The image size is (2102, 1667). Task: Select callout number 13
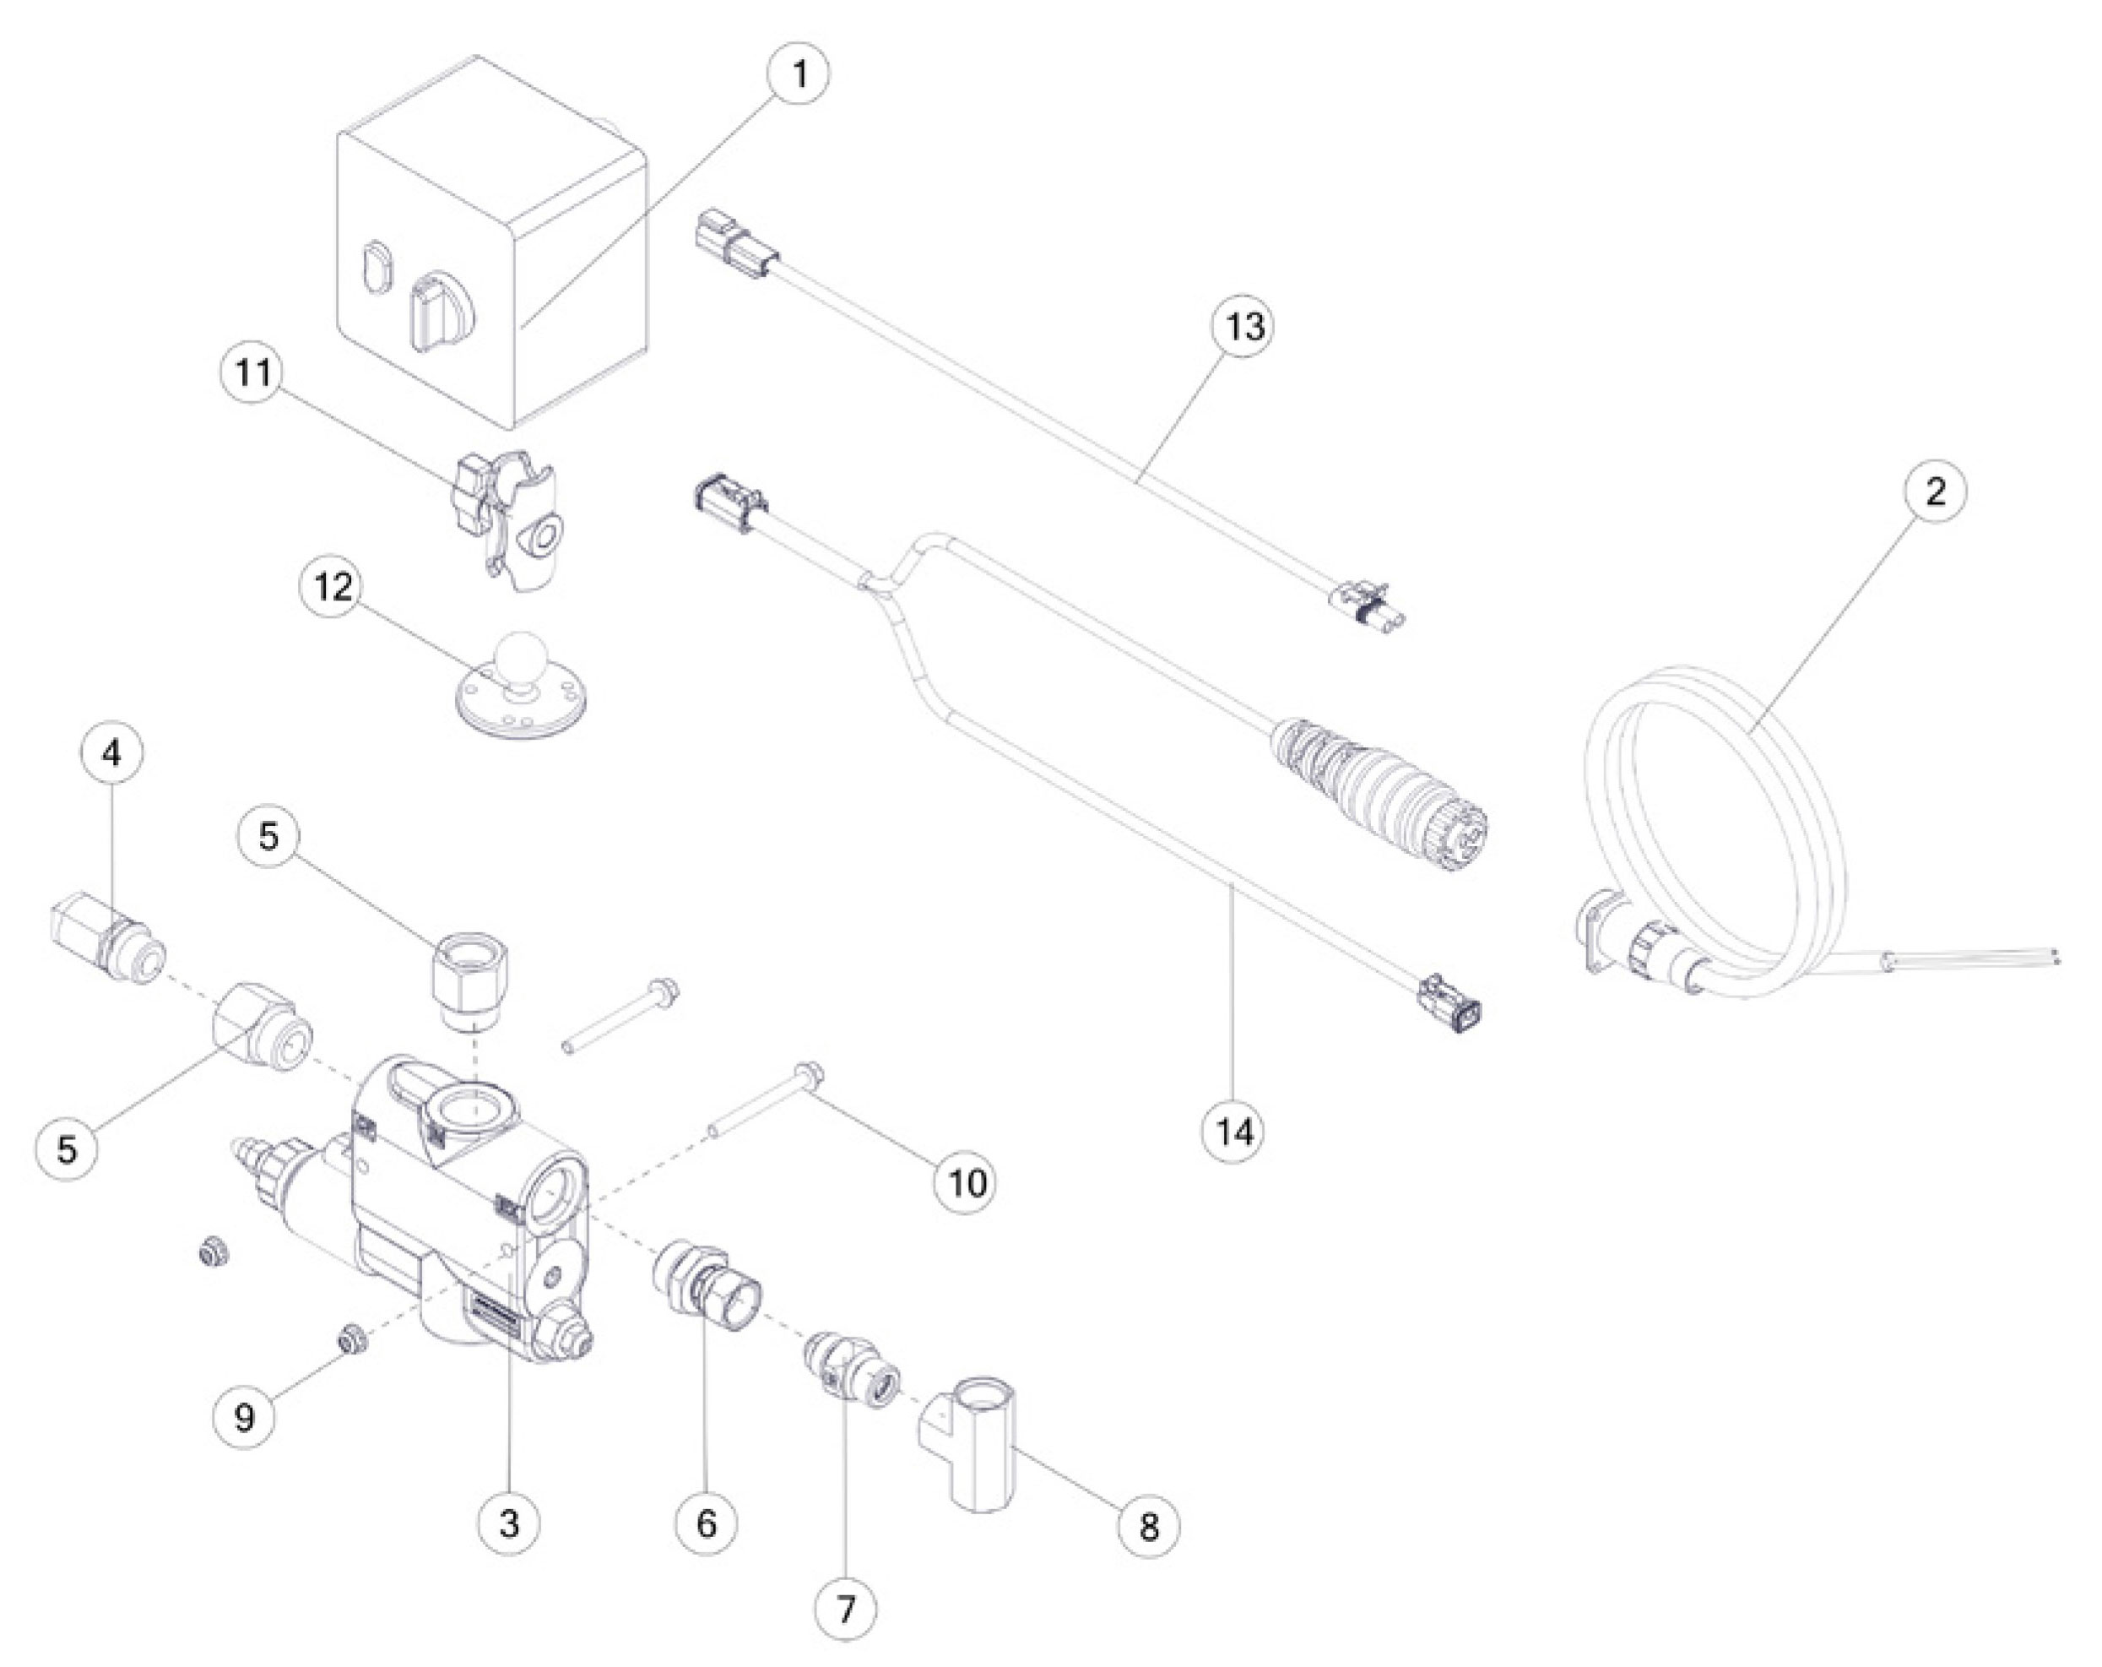click(1244, 326)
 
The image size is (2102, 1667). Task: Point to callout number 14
click(1233, 1132)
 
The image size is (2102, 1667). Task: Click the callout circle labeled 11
click(253, 373)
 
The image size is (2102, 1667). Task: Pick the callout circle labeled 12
click(332, 589)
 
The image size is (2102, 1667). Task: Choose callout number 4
click(112, 753)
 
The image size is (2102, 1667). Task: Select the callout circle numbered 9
click(245, 1417)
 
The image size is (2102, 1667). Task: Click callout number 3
click(510, 1523)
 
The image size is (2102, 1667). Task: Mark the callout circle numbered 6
click(707, 1523)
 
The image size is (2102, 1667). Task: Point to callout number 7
click(845, 1609)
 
